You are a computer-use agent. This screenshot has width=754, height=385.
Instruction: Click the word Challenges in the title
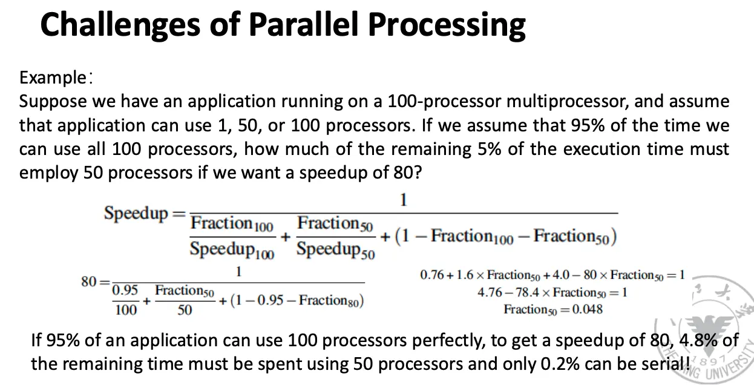point(120,25)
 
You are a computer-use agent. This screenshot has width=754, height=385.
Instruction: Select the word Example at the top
point(53,77)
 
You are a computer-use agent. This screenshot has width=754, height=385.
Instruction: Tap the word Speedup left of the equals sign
point(136,214)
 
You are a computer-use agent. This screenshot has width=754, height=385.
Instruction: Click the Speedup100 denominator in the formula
point(232,250)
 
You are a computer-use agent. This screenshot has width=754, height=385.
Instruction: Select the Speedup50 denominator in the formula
point(336,250)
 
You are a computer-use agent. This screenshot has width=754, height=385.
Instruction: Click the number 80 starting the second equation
point(89,281)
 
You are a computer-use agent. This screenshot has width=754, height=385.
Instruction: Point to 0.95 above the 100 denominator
point(125,290)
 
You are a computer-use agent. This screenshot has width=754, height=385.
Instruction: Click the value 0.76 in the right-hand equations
point(432,275)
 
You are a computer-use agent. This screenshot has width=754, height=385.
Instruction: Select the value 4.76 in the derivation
point(490,292)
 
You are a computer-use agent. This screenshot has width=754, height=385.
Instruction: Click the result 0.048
point(588,309)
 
